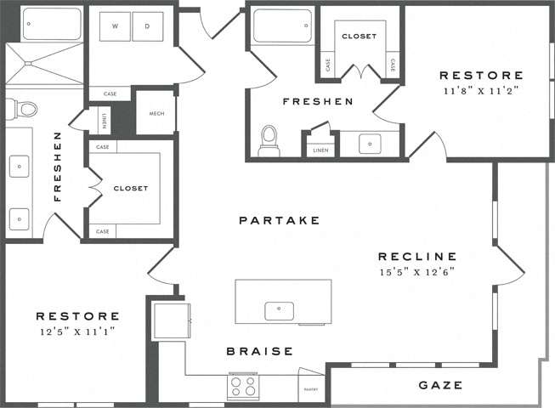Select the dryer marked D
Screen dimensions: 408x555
(x=147, y=27)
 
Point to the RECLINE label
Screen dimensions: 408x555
(x=417, y=256)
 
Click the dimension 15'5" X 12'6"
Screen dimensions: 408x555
(x=417, y=272)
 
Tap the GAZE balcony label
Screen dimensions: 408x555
(x=440, y=385)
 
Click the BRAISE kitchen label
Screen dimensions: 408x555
(x=259, y=350)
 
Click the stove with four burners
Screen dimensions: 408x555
(x=244, y=387)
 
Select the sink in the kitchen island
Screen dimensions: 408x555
(x=279, y=310)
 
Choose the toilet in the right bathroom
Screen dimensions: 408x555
(x=269, y=141)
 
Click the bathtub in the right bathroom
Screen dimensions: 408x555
(x=282, y=25)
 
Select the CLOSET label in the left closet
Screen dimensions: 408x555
(x=130, y=188)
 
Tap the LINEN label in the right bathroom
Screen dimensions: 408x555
(x=320, y=150)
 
